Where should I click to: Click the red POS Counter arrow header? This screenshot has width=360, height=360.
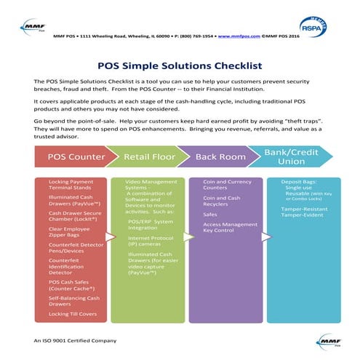(x=76, y=156)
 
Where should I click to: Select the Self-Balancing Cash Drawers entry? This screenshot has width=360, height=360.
(x=75, y=300)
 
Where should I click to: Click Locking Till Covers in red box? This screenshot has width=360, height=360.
(x=73, y=313)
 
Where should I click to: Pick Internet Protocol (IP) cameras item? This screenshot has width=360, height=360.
(x=151, y=241)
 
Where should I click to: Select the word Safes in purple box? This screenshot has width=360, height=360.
(x=209, y=214)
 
